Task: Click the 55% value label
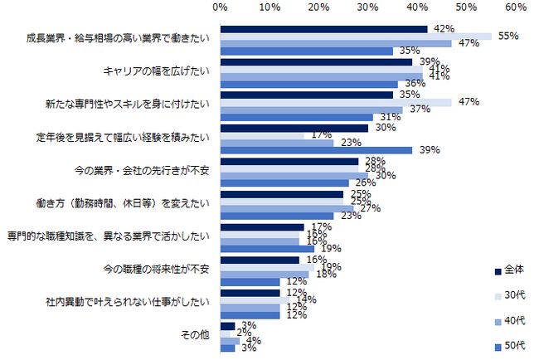coord(507,36)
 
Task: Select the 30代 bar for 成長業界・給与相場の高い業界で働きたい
coord(356,36)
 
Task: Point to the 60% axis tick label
coord(515,7)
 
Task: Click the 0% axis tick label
coord(221,7)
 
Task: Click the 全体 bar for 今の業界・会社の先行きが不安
coord(289,161)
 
